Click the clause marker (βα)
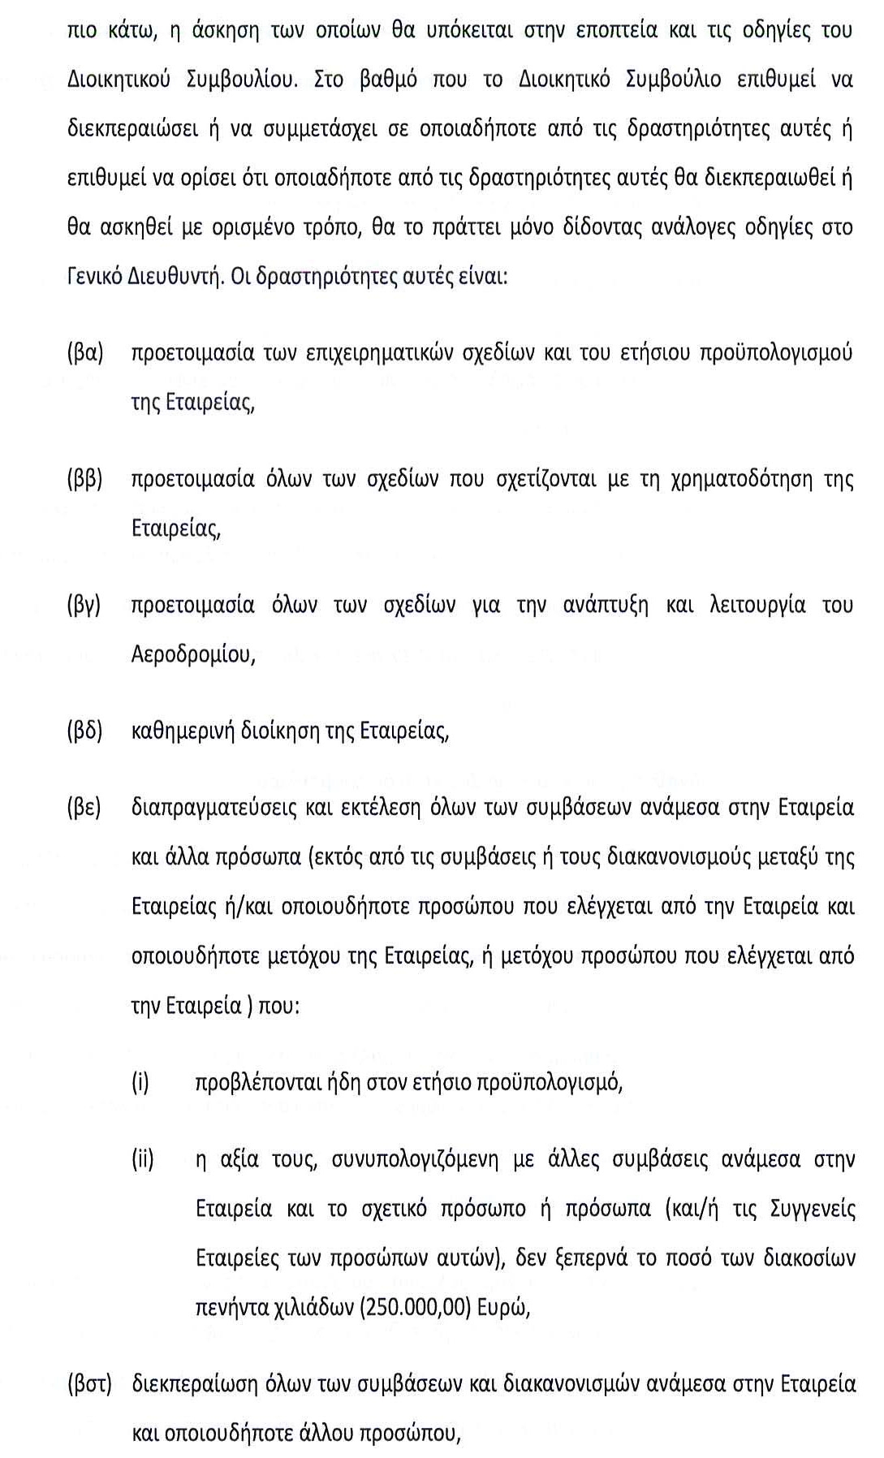[85, 353]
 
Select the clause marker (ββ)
[84, 479]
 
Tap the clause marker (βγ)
[84, 605]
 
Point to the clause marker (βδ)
[84, 731]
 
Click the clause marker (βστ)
[88, 1383]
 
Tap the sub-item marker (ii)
[143, 1159]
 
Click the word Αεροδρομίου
[193, 654]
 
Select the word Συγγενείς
[803, 1209]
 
